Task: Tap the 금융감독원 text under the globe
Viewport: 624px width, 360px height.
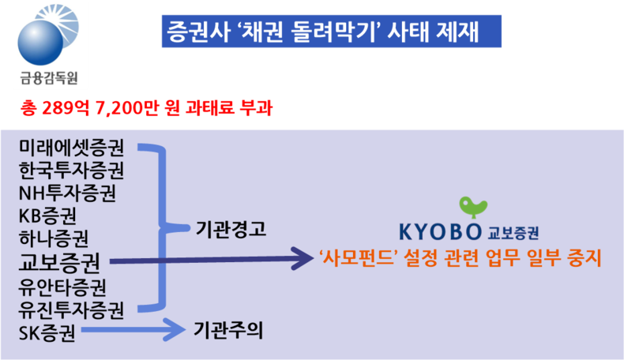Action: pos(49,77)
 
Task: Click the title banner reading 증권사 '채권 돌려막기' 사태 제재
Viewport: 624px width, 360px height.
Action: pos(332,32)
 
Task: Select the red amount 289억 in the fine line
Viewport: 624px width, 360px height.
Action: pos(66,108)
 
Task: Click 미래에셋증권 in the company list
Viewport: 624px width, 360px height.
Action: pos(72,148)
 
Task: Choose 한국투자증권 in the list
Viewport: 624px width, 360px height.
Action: pos(72,171)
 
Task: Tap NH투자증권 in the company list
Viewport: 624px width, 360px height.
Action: pos(67,193)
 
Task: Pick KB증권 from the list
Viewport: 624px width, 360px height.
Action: pos(47,216)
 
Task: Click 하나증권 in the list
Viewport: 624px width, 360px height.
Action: pos(54,238)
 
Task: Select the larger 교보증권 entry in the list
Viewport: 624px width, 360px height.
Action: pos(59,262)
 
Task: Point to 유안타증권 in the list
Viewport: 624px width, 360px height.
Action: pos(62,287)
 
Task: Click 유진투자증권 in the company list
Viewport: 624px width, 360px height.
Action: pos(72,310)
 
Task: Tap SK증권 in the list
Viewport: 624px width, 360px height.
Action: pos(47,333)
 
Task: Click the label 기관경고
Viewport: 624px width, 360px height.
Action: pos(231,229)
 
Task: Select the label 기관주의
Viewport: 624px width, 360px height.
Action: pos(228,331)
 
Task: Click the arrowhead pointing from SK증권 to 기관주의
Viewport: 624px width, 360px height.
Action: pos(175,330)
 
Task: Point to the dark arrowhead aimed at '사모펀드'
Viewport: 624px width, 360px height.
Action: pos(303,259)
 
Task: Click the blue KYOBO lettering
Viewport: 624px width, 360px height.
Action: pos(440,232)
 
